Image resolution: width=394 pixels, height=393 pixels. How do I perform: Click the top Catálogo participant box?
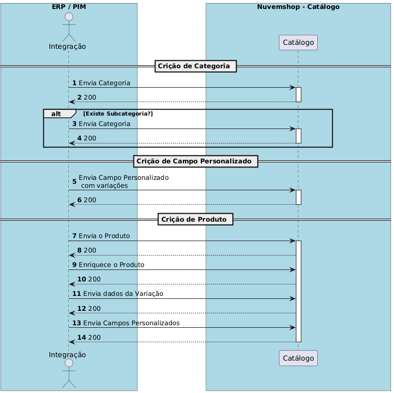298,43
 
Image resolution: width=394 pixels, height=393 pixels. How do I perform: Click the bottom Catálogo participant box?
298,358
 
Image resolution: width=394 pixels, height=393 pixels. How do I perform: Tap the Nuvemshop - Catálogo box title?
298,7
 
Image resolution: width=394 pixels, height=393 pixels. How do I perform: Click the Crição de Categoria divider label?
195,66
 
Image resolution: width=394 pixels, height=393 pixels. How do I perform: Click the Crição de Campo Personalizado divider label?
195,161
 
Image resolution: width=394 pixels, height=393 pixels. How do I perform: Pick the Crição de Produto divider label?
195,219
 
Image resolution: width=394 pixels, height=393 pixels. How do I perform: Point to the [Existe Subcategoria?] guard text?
118,114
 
